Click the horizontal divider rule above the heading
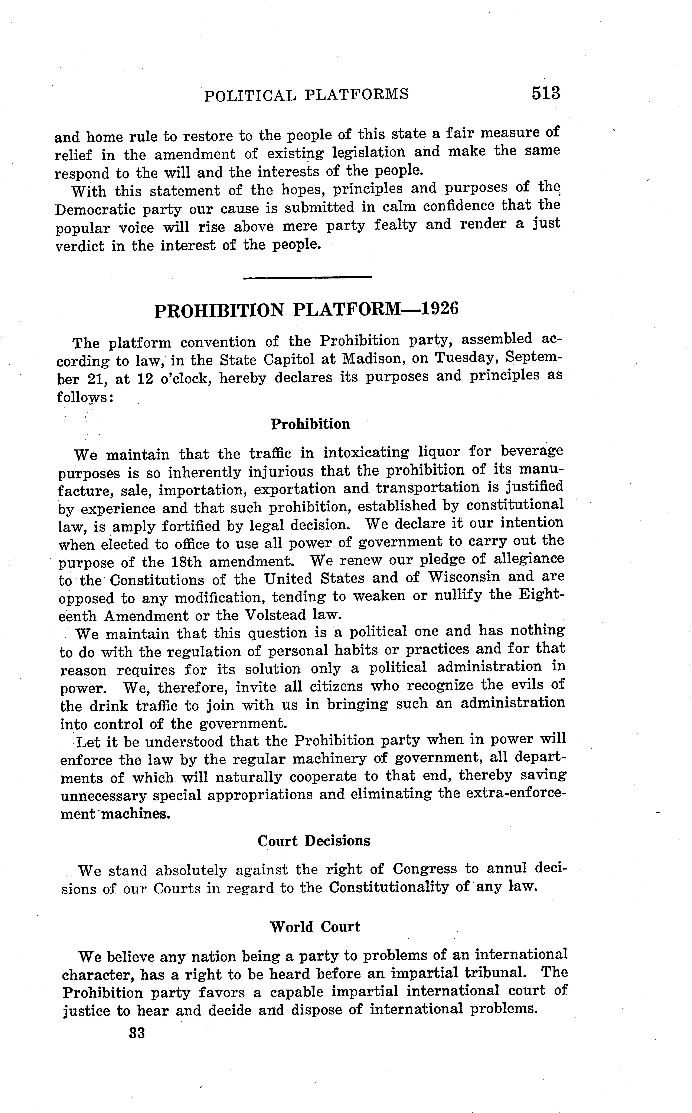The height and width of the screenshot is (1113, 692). (307, 277)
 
